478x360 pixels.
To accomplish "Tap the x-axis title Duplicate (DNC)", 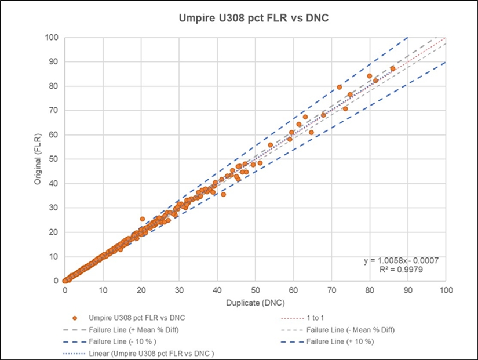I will (x=255, y=303).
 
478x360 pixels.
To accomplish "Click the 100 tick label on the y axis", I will (x=52, y=38).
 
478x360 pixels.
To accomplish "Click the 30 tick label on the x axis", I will (x=179, y=289).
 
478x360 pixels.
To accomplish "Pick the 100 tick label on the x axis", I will (x=445, y=289).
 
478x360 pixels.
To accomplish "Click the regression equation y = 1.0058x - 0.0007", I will (x=401, y=261).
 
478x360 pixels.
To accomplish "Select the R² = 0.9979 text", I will (x=401, y=270).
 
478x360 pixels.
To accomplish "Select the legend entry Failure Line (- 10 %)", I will (x=122, y=341).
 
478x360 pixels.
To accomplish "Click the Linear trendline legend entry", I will (x=151, y=354).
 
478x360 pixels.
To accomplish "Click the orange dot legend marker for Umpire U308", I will (x=75, y=318).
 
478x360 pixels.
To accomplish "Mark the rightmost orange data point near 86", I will (x=393, y=68).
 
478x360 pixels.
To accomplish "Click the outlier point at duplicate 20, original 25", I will (x=142, y=219).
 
